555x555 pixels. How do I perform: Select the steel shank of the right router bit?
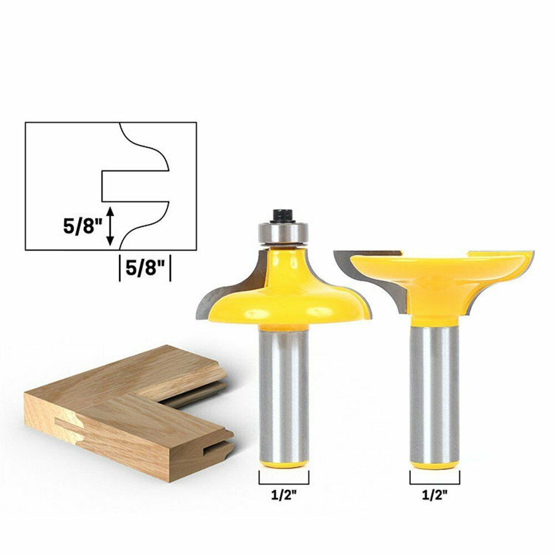click(x=434, y=388)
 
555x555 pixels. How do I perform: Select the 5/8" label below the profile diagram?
click(x=144, y=268)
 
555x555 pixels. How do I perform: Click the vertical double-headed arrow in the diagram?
click(x=111, y=225)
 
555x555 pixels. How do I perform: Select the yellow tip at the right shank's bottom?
click(x=434, y=464)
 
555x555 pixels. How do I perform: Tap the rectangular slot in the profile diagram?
click(x=133, y=186)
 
